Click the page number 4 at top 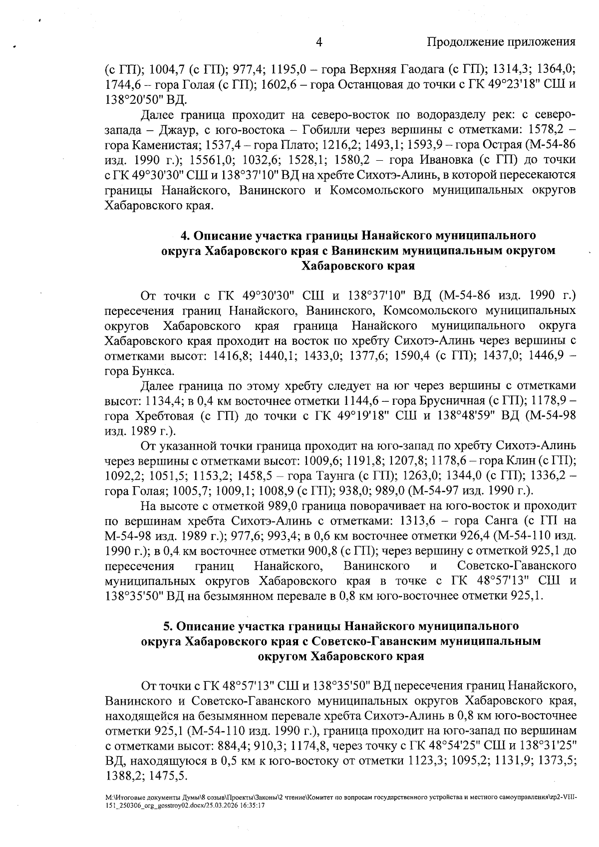pyautogui.click(x=319, y=42)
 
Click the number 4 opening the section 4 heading pyautogui.click(x=183, y=235)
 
